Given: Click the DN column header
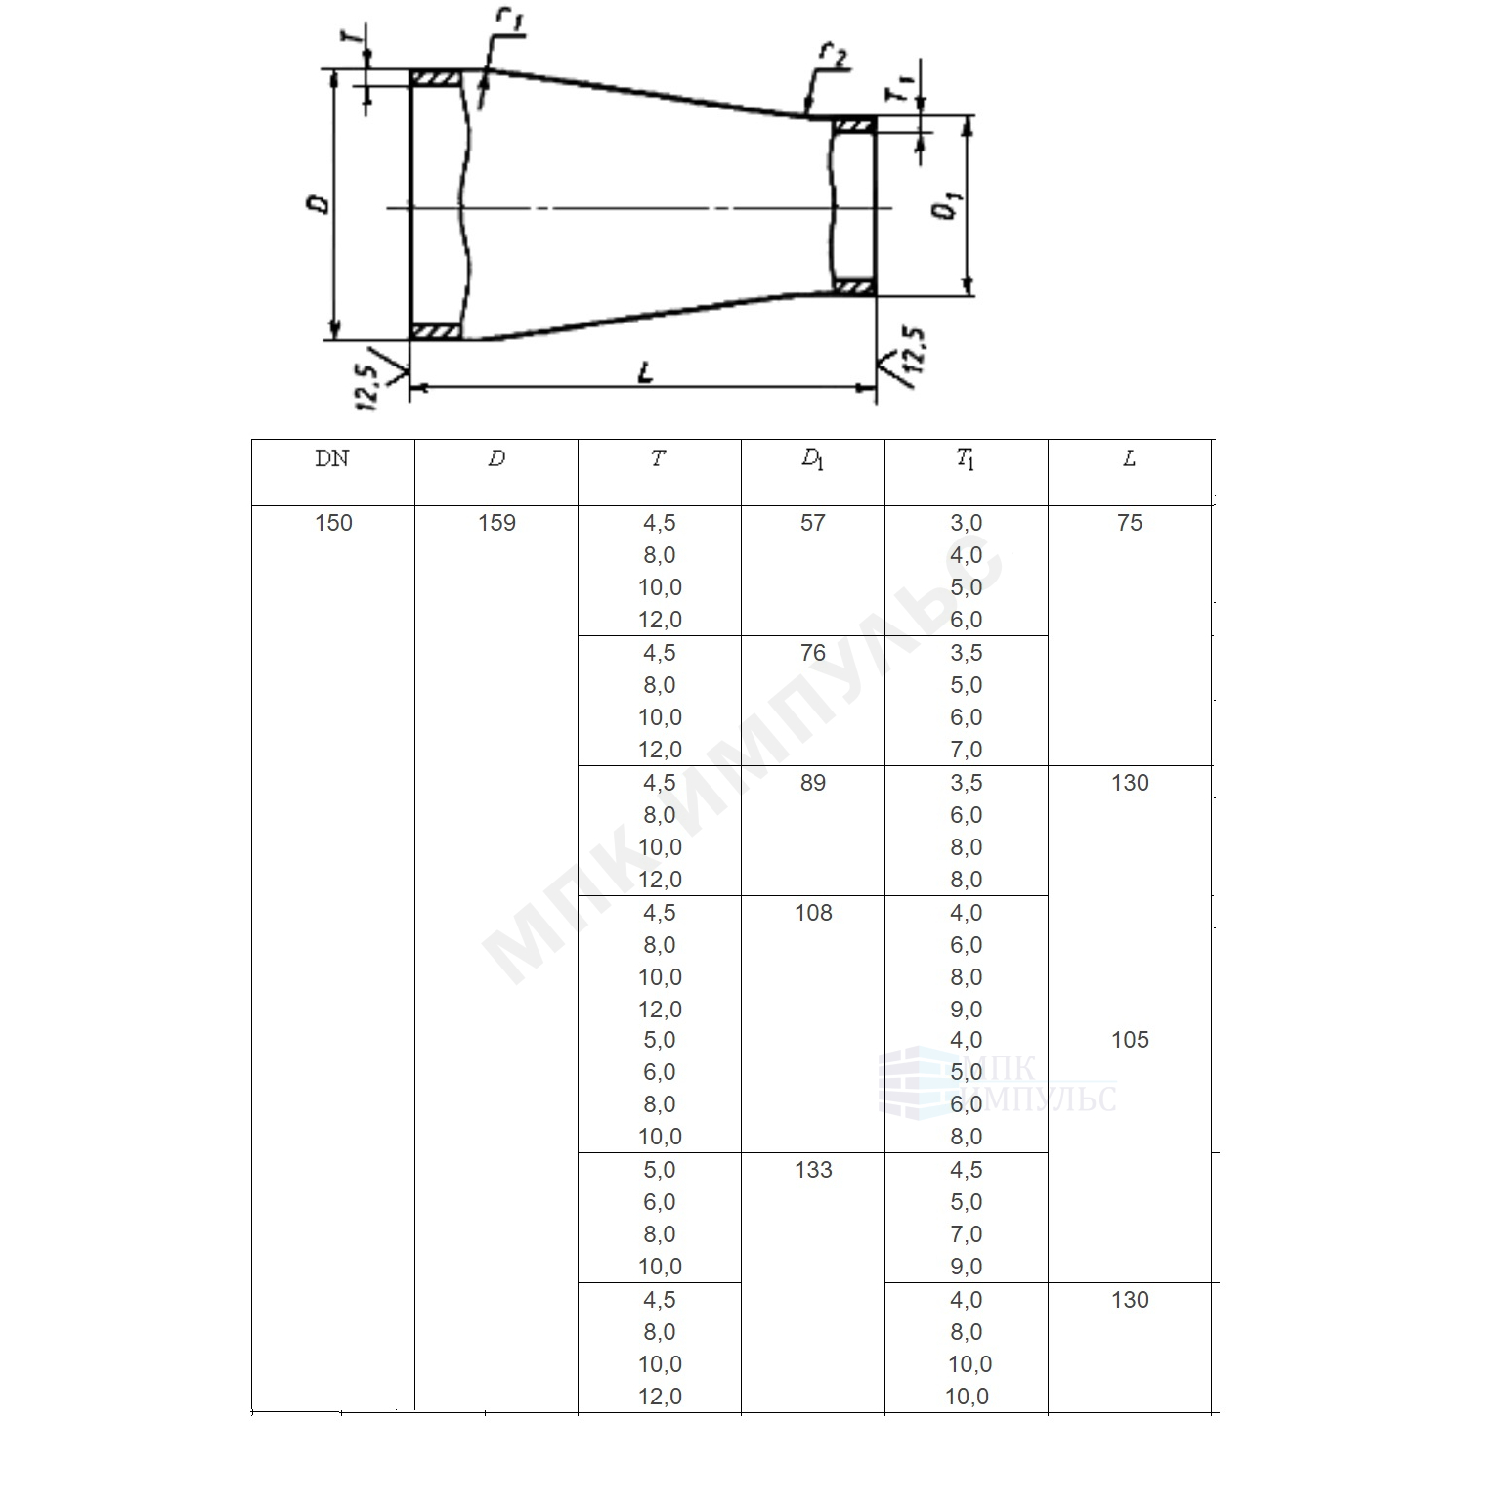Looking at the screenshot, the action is tap(332, 458).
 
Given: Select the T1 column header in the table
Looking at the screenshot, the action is tap(966, 460).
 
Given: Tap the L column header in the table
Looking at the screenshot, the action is tap(1129, 458).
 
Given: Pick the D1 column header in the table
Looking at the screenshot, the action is tap(812, 460).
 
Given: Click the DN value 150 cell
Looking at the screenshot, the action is tap(333, 523).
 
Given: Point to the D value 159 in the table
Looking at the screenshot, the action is tap(496, 523).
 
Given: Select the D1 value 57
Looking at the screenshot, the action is tap(813, 523).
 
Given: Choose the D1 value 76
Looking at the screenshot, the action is tap(813, 653).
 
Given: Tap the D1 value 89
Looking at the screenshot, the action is tap(813, 783).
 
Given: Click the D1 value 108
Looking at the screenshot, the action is tap(813, 913).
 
